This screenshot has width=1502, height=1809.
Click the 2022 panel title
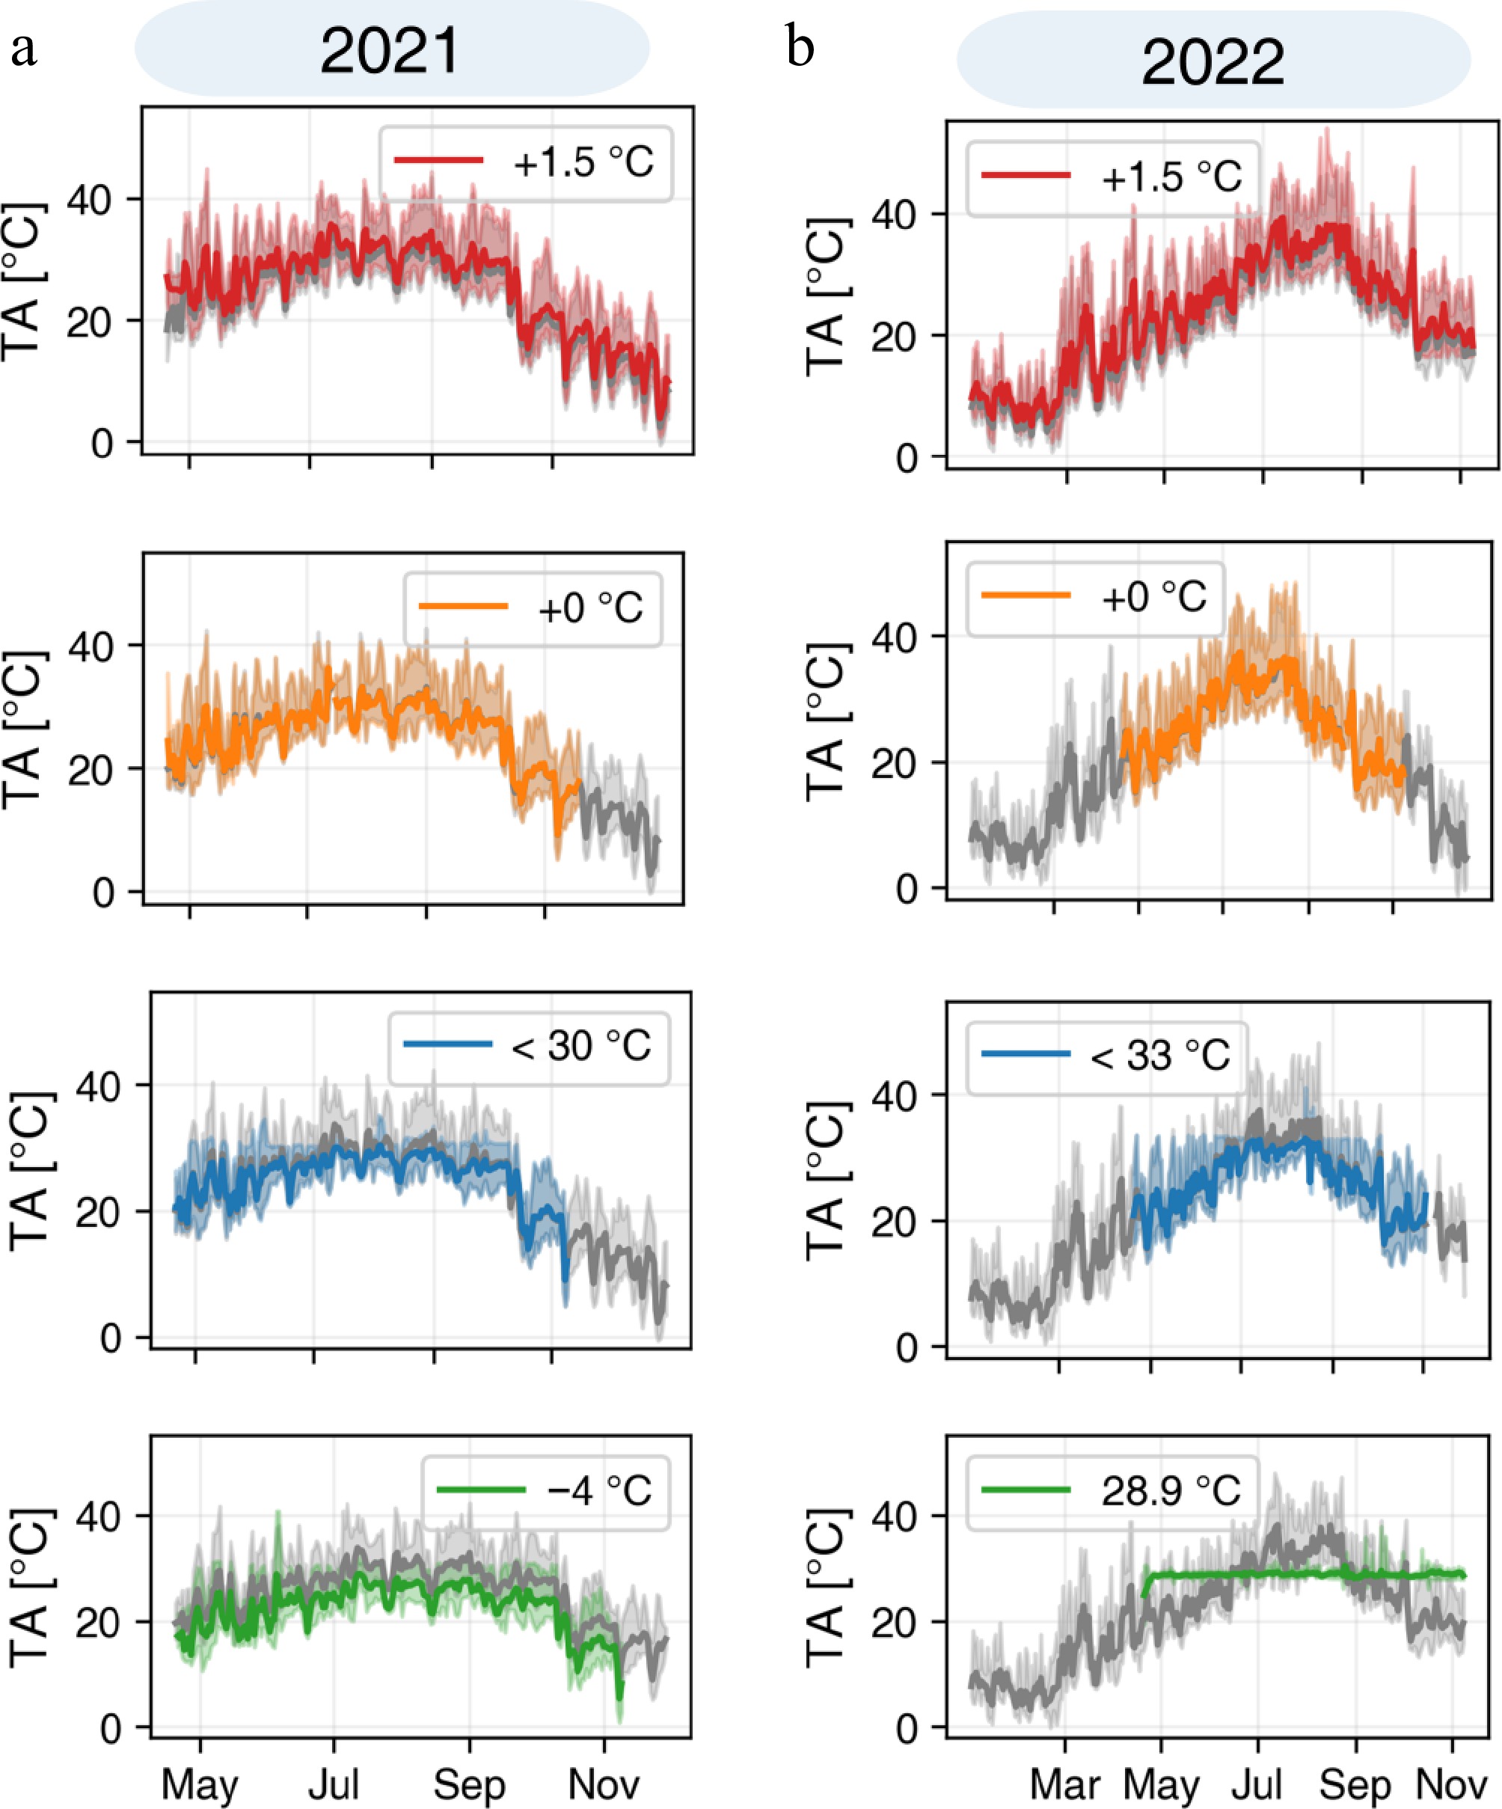(x=1212, y=62)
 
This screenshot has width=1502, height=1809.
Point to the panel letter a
(x=23, y=48)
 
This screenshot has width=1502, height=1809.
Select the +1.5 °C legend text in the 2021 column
(x=583, y=162)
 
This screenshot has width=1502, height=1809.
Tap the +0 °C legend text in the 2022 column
(x=1153, y=597)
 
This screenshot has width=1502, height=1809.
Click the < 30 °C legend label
(x=580, y=1047)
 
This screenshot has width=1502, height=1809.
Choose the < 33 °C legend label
(x=1159, y=1055)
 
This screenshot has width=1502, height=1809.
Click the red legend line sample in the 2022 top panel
(x=1026, y=176)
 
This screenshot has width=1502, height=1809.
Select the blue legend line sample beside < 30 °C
(x=448, y=1045)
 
